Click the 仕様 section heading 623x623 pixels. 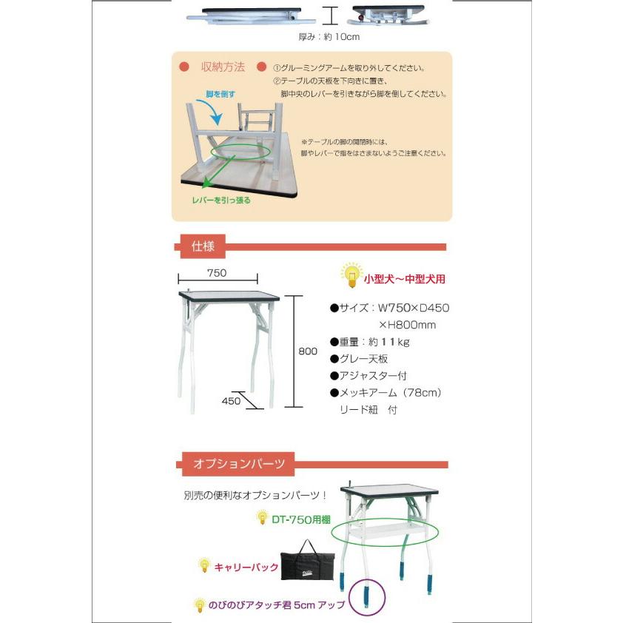click(x=203, y=246)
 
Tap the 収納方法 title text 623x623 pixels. click(x=223, y=67)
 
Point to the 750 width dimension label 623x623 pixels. click(x=217, y=273)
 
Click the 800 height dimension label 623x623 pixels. click(x=307, y=351)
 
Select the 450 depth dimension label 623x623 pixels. click(x=232, y=402)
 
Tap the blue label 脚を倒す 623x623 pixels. click(x=220, y=95)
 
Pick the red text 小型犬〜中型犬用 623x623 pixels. click(x=404, y=280)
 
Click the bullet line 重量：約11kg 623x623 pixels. click(x=370, y=342)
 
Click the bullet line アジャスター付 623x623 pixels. click(x=368, y=376)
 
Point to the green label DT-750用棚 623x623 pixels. click(x=300, y=519)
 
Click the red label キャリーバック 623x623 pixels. click(x=246, y=568)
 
